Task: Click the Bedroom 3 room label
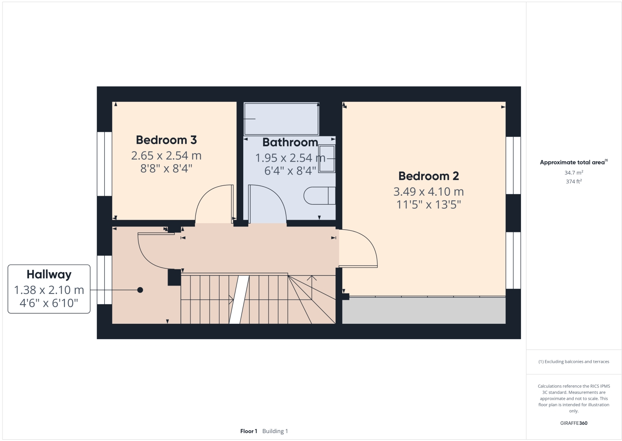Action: click(166, 140)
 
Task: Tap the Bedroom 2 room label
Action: click(428, 176)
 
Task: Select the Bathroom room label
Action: click(290, 143)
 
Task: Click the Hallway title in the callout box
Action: click(49, 275)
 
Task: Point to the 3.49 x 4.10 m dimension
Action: click(428, 192)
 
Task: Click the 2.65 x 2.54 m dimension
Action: click(166, 156)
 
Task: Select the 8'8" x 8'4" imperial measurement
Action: click(166, 169)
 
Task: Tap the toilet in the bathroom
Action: click(319, 196)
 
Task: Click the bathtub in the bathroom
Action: click(281, 118)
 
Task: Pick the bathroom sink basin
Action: click(326, 158)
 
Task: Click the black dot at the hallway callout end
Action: click(140, 290)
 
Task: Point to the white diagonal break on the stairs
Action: click(239, 299)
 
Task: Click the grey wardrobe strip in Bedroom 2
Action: click(423, 310)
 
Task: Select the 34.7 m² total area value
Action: click(573, 172)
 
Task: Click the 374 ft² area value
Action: click(573, 182)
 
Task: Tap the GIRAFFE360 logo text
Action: click(573, 423)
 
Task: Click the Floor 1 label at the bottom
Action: click(249, 431)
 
